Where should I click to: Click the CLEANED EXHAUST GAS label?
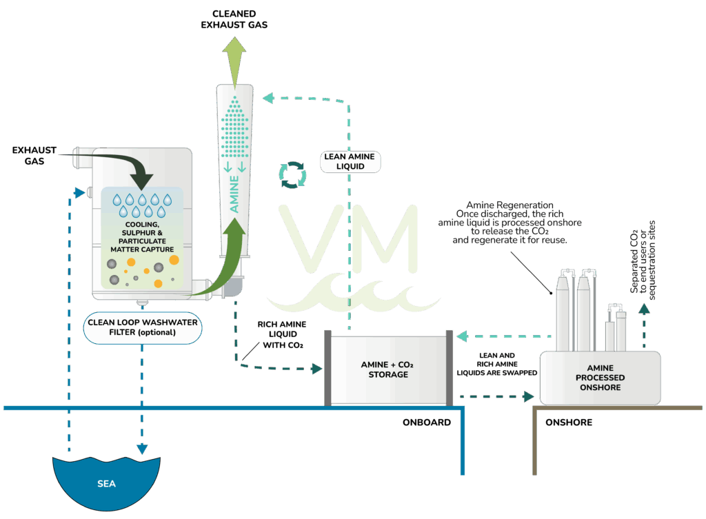tap(234, 19)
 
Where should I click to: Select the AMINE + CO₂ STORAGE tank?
tap(389, 370)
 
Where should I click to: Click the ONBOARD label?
tap(427, 422)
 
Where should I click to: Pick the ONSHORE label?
tap(568, 422)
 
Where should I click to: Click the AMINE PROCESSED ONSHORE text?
tap(600, 378)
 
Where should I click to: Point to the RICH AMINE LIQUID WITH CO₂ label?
tap(278, 334)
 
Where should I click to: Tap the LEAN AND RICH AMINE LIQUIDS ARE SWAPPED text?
tap(496, 363)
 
